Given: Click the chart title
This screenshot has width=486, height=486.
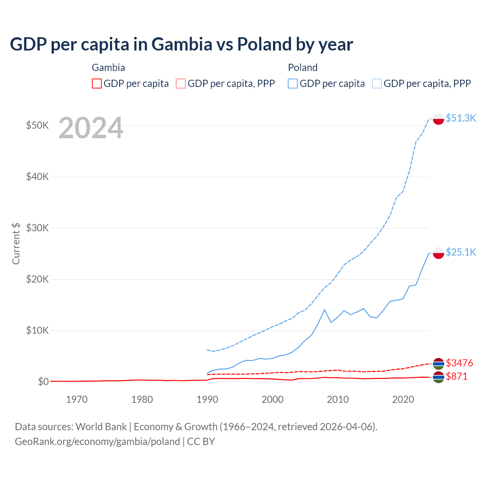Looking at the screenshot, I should (x=181, y=44).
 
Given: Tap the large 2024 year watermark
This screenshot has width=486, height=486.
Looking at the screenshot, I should (x=91, y=128).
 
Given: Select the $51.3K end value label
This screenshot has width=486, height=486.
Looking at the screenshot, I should (x=461, y=118).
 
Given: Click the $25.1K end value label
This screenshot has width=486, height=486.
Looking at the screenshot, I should (x=461, y=252).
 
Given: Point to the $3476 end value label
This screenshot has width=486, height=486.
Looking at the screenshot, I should (x=459, y=363).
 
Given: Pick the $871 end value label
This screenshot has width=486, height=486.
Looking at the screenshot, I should (x=457, y=376).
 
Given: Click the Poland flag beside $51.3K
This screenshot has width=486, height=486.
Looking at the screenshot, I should (x=439, y=119).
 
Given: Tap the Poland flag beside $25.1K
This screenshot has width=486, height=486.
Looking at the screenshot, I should (x=439, y=253).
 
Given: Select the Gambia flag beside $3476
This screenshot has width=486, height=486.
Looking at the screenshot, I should (x=439, y=364).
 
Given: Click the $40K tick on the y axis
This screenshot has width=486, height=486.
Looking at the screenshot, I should (x=37, y=177).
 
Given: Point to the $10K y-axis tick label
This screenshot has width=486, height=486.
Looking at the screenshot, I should (x=37, y=330).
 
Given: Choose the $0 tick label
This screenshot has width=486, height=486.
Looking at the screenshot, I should (x=43, y=382).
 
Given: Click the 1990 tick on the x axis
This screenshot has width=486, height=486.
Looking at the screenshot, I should (x=207, y=399).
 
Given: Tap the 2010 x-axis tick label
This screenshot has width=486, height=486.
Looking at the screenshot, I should (x=338, y=399).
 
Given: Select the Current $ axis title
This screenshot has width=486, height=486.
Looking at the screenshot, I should (x=16, y=243).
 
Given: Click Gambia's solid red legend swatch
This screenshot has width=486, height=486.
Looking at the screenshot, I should (x=97, y=84).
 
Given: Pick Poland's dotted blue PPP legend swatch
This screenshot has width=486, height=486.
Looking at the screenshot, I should (x=377, y=84).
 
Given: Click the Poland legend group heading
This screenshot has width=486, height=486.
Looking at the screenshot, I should (x=303, y=68).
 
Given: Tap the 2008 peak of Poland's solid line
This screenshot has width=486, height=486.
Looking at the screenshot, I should (x=325, y=310).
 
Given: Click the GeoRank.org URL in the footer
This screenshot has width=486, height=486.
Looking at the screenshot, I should (x=97, y=442).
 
